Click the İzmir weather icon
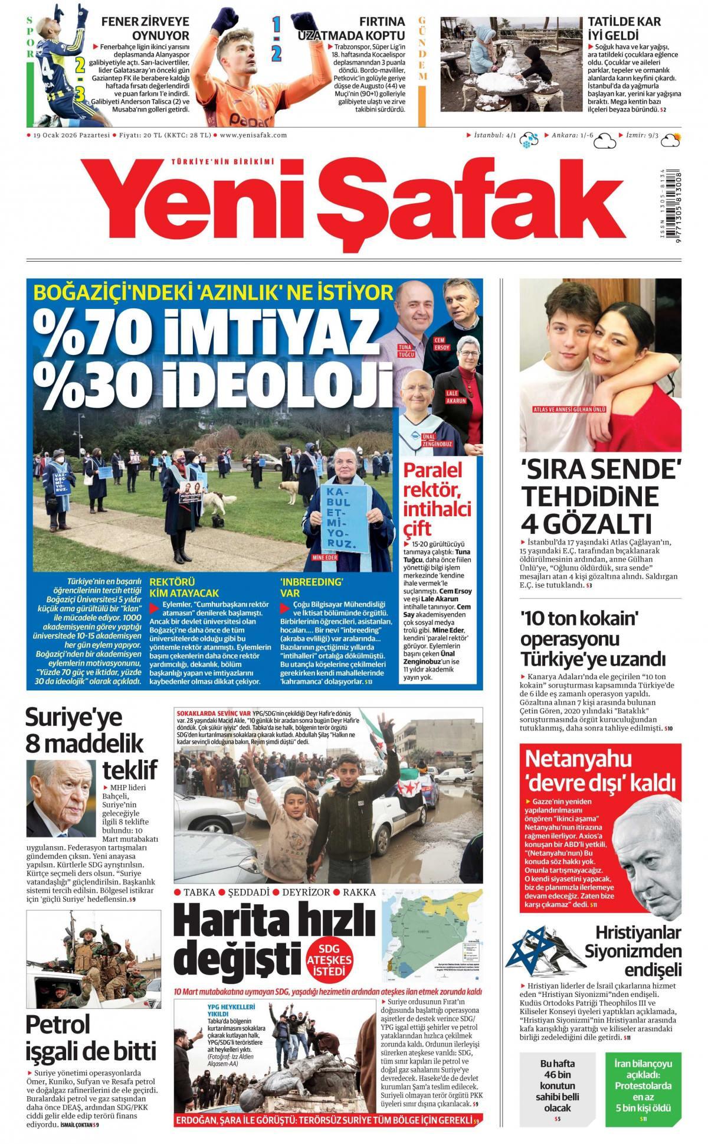(x=670, y=140)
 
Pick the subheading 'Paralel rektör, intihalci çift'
(x=437, y=498)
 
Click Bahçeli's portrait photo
(x=61, y=798)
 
